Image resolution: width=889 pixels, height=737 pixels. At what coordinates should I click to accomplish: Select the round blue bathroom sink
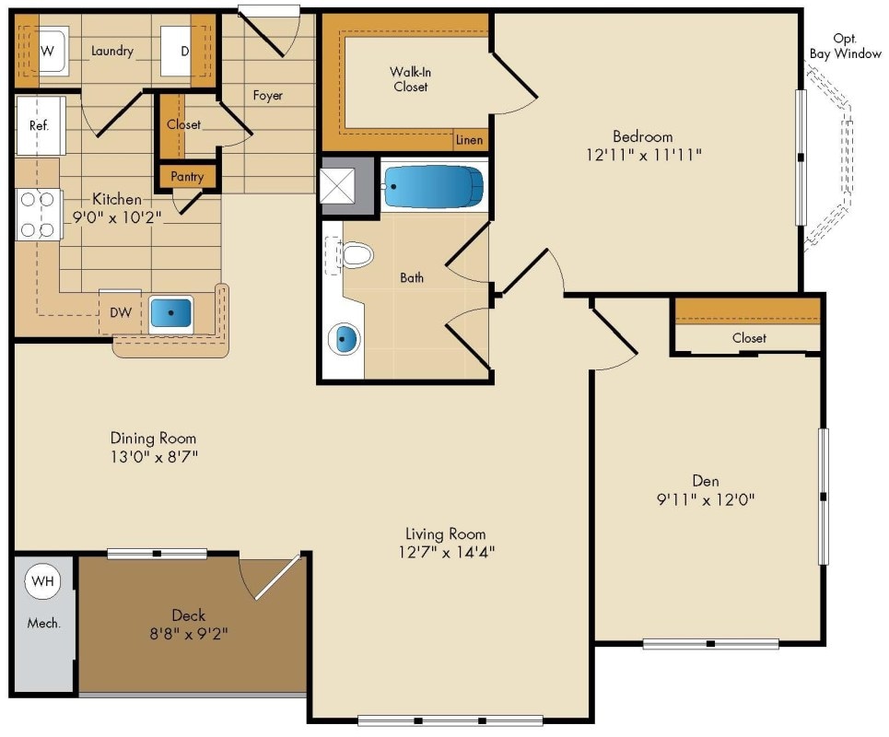coord(345,339)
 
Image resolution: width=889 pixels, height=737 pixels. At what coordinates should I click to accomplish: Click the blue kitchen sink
coord(170,312)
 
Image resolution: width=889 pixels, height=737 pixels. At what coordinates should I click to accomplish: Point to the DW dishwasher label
coord(120,312)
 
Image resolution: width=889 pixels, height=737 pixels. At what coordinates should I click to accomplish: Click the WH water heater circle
coord(41,580)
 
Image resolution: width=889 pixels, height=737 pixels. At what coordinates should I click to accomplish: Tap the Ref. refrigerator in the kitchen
coord(40,125)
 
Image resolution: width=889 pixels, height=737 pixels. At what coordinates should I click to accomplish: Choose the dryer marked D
coord(181,52)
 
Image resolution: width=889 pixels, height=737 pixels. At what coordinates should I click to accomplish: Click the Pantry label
coord(187,176)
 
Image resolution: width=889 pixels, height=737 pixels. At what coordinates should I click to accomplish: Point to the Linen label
coord(469,141)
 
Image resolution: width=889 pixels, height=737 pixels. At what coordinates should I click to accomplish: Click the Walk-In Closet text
coord(408,79)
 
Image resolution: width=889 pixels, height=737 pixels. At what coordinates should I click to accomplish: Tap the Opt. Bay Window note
coord(844,46)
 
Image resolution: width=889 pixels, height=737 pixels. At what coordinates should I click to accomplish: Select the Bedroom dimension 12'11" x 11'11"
coord(643,155)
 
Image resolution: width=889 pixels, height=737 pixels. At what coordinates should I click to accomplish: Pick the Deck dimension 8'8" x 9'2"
coord(188,634)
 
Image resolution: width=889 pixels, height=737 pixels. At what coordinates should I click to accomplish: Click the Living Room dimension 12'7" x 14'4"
coord(445,553)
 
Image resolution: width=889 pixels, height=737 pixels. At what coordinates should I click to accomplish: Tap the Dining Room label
coord(153,439)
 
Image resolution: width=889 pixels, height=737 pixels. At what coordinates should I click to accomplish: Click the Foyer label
coord(268,95)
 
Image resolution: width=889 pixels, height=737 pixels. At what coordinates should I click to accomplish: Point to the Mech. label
coord(43,623)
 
